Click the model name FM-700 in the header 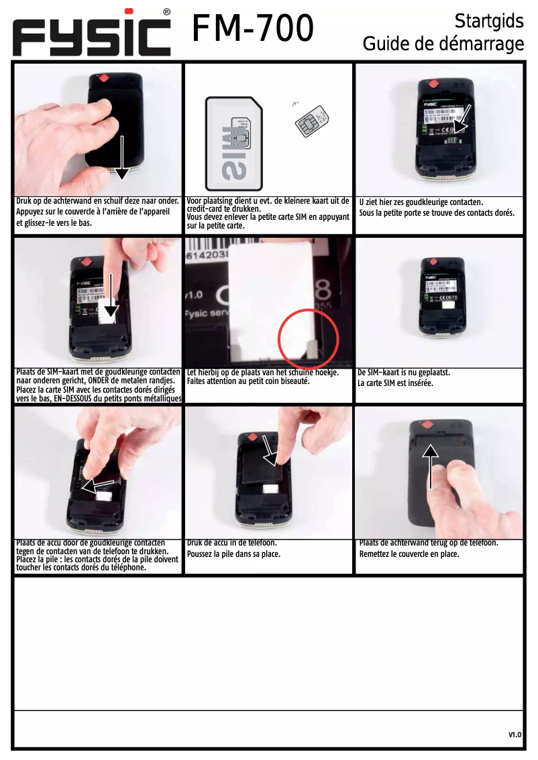254,29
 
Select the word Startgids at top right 488,21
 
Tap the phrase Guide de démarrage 443,44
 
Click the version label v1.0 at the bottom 515,735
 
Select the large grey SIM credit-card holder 234,140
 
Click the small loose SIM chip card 313,121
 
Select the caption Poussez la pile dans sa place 233,554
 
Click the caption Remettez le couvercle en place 409,554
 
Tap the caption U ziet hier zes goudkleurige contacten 421,202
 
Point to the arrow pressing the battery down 270,450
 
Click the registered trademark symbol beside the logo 166,12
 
